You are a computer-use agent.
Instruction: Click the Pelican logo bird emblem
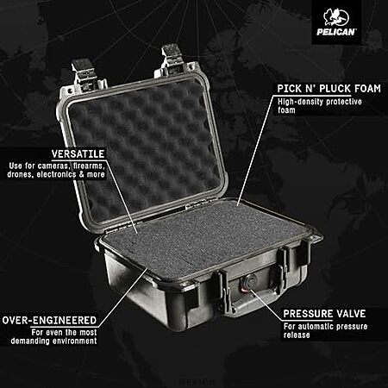coord(335,17)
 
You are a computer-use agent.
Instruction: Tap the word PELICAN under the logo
coord(336,32)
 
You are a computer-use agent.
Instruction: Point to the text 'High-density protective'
coord(320,102)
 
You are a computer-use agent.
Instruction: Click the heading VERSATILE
coord(78,153)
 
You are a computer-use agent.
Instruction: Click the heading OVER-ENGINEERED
coord(49,320)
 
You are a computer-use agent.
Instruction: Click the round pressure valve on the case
coord(247,282)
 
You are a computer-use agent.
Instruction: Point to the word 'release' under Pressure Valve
coord(297,335)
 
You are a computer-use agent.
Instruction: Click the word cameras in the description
coord(53,166)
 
